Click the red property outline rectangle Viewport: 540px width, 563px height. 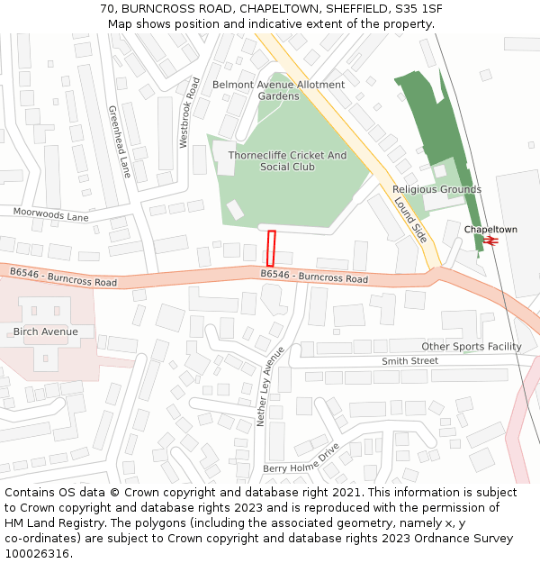click(x=271, y=248)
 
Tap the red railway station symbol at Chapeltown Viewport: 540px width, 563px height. click(x=491, y=241)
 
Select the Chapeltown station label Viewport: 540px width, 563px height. click(x=490, y=230)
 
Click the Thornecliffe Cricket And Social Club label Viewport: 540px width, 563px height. click(x=287, y=161)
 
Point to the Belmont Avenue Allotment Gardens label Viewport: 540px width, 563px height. click(x=278, y=90)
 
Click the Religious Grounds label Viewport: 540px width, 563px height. click(x=436, y=189)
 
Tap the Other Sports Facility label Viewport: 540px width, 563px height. click(x=471, y=346)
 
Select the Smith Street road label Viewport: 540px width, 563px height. click(x=409, y=360)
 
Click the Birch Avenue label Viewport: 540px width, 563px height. click(x=45, y=331)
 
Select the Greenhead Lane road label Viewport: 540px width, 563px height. click(x=120, y=141)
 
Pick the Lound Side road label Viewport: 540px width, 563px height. click(x=411, y=219)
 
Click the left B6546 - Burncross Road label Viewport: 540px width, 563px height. click(x=63, y=277)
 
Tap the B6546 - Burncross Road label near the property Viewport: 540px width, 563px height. click(x=314, y=277)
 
